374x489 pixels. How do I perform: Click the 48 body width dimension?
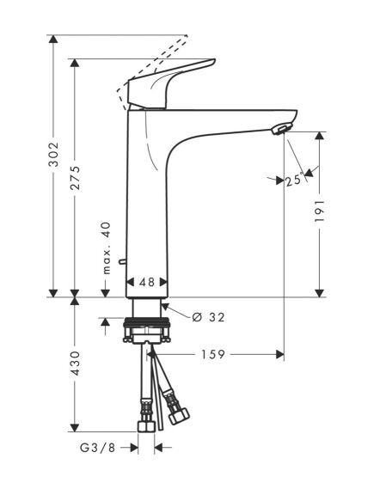click(x=147, y=282)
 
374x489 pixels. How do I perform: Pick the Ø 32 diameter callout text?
click(x=204, y=317)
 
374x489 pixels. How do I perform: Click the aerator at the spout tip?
click(x=278, y=130)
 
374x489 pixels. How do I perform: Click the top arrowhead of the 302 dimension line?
click(x=52, y=40)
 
